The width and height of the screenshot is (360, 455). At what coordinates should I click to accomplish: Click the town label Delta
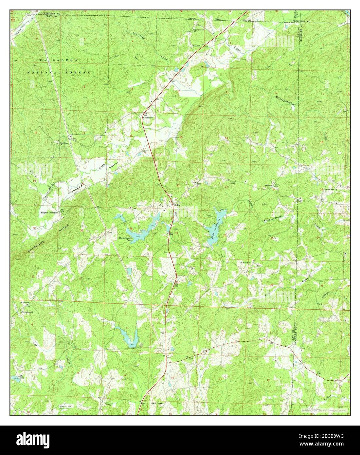click(x=177, y=205)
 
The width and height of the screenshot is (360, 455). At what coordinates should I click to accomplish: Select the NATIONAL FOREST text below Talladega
click(x=59, y=72)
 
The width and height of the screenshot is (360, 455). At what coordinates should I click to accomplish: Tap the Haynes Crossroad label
click(x=49, y=212)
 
